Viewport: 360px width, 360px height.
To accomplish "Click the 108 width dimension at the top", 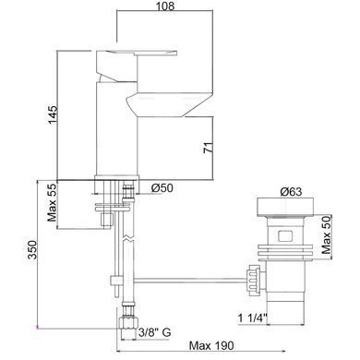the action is [x=165, y=6].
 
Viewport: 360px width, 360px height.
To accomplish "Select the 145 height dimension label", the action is [x=53, y=115].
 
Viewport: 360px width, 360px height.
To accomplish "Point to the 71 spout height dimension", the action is [x=209, y=148].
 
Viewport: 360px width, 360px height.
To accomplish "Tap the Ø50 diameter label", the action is [x=162, y=187].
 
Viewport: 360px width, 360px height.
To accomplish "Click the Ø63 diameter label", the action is [x=291, y=192].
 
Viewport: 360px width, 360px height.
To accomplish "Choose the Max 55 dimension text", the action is [x=53, y=202].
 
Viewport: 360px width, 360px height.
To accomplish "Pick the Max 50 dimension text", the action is [x=327, y=234].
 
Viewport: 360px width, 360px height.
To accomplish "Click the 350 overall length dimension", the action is [x=32, y=249].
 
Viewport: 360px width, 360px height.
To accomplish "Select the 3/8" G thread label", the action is [x=154, y=332].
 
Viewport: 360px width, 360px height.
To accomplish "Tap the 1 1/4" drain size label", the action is [x=252, y=318].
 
